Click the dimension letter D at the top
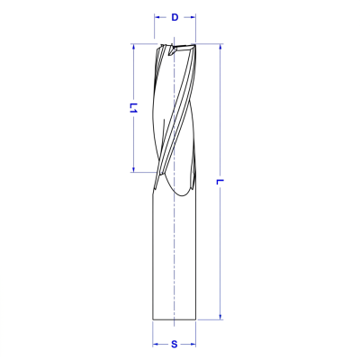(175, 17)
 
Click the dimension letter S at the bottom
(175, 344)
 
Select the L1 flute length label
(133, 108)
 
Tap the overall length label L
(220, 182)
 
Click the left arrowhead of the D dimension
(157, 17)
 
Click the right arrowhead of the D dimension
(193, 17)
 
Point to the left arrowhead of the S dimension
(155, 344)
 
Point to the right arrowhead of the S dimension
(193, 344)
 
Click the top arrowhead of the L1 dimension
(133, 47)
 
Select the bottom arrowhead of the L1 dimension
(133, 169)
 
